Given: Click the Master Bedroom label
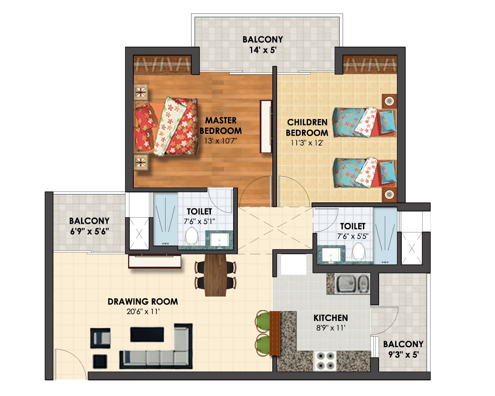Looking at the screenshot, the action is pos(220,126).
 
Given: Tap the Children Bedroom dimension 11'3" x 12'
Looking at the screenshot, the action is pos(307,143).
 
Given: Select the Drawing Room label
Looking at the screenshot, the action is pos(142,301).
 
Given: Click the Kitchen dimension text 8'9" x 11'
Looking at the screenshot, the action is pos(331,328).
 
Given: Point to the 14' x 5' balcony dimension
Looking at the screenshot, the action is pos(263,50).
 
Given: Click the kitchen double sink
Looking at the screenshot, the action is pos(353,283).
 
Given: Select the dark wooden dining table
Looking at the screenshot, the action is pos(215,275).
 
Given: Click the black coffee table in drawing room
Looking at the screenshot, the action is pos(147,335).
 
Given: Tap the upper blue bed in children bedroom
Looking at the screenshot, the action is pos(364,122).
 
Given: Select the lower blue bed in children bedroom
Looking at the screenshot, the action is pos(364,173).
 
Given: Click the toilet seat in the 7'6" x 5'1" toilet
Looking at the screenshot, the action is pos(191,236).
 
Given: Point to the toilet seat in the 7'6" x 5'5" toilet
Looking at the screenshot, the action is pos(358,252).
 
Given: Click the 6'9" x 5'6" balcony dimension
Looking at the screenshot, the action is pos(89,232).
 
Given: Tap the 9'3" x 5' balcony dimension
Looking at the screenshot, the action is pos(403,355).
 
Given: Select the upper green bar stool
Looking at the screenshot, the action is pos(263,321).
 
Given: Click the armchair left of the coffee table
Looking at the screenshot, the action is pos(100,338).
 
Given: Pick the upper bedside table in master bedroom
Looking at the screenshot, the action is pos(141,92).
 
